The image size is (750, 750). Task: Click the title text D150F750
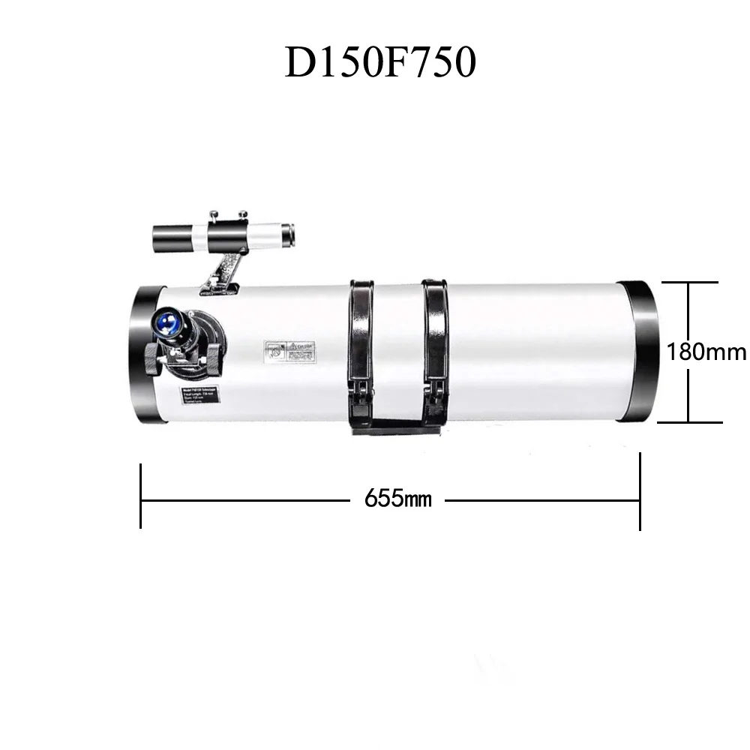pos(380,63)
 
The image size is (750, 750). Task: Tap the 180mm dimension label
pos(706,352)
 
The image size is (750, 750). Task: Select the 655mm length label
pos(398,499)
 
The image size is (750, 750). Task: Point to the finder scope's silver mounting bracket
pos(223,270)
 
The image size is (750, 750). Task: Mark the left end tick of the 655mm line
pos(141,496)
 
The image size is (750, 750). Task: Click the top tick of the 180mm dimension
pos(688,283)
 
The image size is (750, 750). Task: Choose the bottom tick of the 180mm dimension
pos(688,422)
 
